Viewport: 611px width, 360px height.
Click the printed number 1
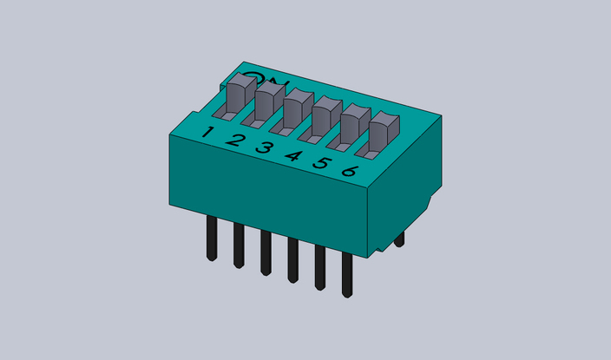pos(207,133)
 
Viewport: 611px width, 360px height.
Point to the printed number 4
pos(293,156)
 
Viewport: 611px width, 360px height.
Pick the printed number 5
pos(321,163)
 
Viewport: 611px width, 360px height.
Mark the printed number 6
pos(350,171)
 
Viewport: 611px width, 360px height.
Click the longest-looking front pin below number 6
pos(347,276)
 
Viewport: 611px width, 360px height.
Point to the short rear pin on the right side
pos(399,239)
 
